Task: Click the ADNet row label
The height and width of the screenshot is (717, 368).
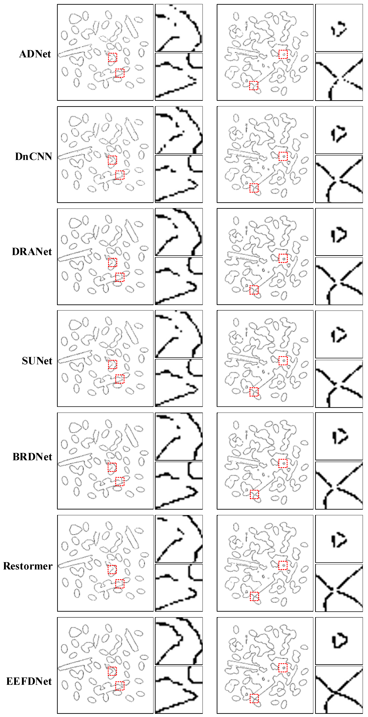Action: [35, 54]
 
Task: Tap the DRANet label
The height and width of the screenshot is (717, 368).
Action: [32, 252]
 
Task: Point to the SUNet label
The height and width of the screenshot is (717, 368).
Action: [37, 361]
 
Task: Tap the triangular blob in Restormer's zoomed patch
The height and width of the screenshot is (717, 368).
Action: [339, 540]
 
